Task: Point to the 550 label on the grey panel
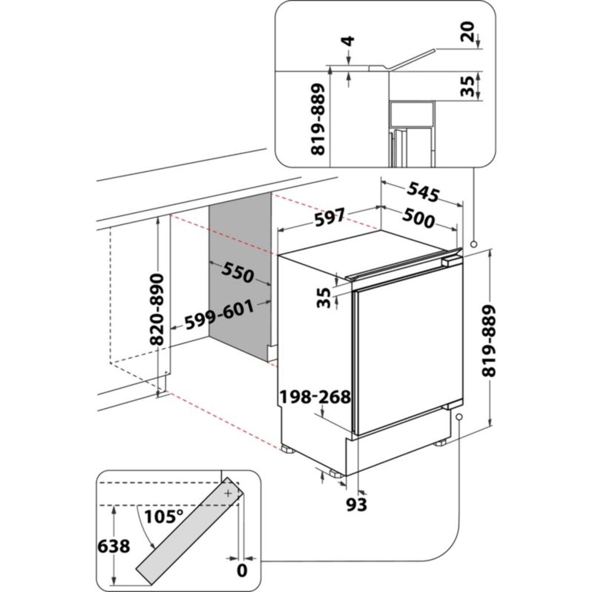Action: tap(238, 272)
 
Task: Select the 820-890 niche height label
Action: tap(157, 309)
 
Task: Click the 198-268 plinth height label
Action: tap(315, 396)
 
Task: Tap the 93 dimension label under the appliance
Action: tap(356, 505)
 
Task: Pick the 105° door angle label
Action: tap(164, 517)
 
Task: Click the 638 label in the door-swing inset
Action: tap(114, 546)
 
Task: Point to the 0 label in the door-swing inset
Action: tap(242, 571)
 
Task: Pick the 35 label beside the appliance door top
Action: tap(324, 297)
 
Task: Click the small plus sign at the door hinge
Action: tap(228, 493)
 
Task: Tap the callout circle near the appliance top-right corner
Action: tap(474, 244)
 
